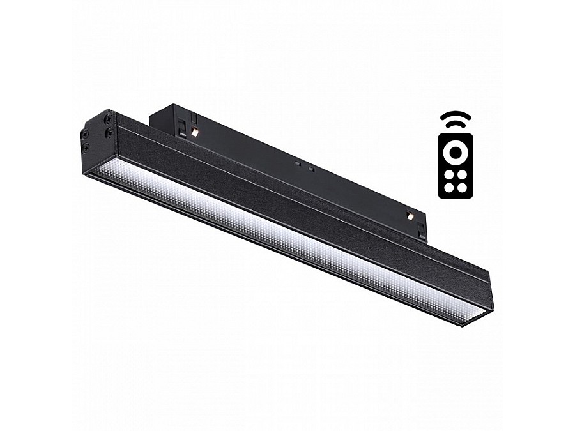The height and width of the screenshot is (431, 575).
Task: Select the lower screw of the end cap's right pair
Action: [x=109, y=133]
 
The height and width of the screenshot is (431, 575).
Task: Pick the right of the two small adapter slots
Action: [x=310, y=169]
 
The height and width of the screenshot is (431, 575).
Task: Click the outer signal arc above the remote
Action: [x=455, y=115]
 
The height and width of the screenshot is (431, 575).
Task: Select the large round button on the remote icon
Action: [x=455, y=153]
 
